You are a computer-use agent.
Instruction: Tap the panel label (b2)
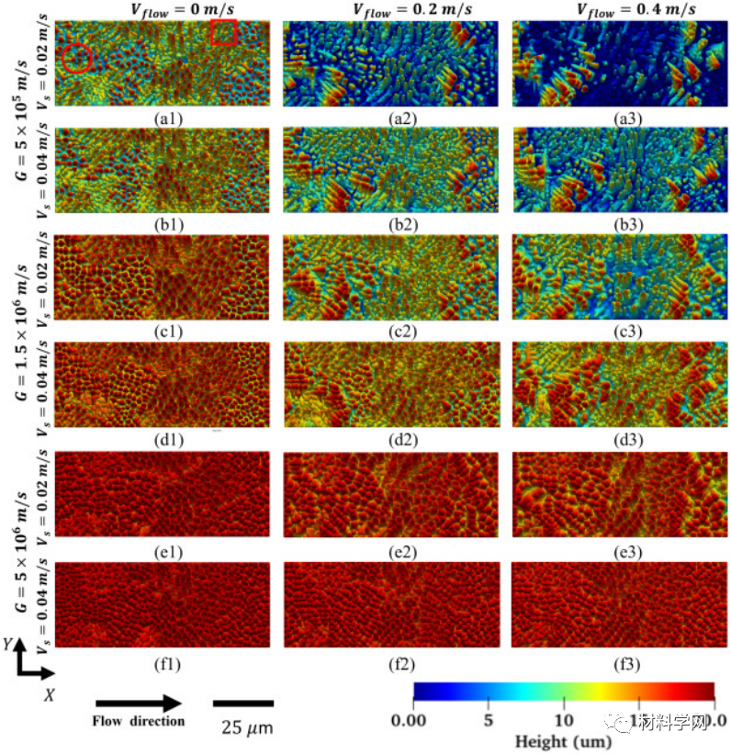[389, 224]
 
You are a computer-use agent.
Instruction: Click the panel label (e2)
[389, 552]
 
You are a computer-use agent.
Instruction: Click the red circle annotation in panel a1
[77, 57]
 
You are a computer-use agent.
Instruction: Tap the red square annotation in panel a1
[224, 32]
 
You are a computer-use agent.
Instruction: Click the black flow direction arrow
[138, 703]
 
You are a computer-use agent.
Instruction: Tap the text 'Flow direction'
[138, 722]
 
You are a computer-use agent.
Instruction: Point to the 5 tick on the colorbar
[489, 720]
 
